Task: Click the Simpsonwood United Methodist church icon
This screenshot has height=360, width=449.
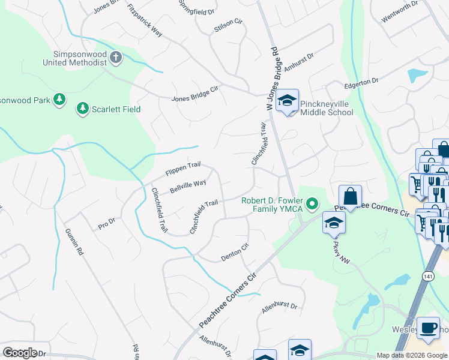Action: click(x=116, y=58)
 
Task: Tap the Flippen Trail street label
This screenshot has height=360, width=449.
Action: click(x=182, y=170)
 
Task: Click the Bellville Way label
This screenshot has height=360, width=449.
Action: click(x=188, y=186)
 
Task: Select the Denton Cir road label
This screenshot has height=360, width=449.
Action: click(x=235, y=253)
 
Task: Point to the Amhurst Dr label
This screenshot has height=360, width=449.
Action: click(x=300, y=62)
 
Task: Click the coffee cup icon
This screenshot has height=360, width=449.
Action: click(x=428, y=328)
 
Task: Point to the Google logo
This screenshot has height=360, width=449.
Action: click(x=20, y=353)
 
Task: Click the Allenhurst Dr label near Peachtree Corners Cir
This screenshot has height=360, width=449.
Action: click(x=280, y=310)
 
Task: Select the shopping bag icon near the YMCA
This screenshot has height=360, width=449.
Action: click(x=350, y=195)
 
